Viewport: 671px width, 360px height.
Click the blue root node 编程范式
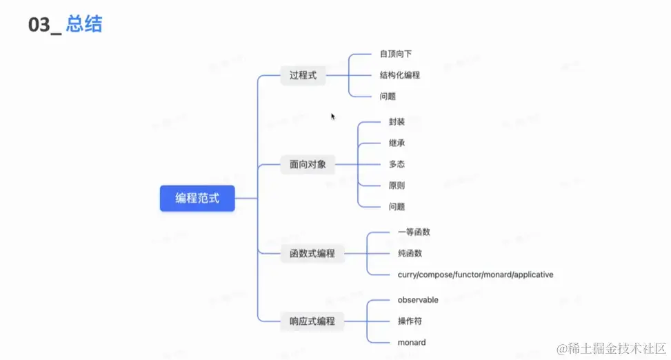(x=197, y=198)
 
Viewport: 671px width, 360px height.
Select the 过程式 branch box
(x=303, y=75)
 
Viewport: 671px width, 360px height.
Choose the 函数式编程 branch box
(x=312, y=253)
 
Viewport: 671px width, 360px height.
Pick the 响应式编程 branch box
(x=312, y=321)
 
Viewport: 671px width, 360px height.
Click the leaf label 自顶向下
(x=395, y=54)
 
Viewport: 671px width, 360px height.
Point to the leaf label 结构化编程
(x=400, y=75)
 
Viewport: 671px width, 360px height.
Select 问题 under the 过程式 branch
(x=388, y=97)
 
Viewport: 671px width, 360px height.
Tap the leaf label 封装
(x=397, y=122)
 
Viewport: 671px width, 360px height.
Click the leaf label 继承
(x=397, y=143)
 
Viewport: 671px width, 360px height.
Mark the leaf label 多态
(x=397, y=165)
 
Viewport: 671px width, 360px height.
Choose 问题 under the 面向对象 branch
(x=397, y=207)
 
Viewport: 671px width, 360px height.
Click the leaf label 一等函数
(x=414, y=232)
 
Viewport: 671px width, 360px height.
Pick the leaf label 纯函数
(x=410, y=253)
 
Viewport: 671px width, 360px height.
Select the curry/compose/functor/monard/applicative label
(x=475, y=274)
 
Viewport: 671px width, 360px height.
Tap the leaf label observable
(x=418, y=300)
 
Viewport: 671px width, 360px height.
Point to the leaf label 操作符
(x=410, y=321)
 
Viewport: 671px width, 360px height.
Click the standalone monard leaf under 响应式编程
(x=412, y=342)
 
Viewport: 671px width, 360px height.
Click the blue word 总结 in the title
(x=84, y=25)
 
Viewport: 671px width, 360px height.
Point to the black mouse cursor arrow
(x=333, y=117)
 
